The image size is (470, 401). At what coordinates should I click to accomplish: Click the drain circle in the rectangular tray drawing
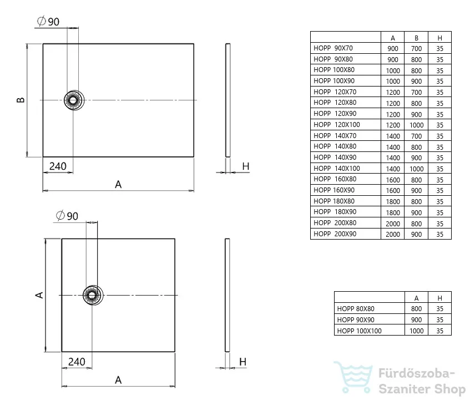coord(74,100)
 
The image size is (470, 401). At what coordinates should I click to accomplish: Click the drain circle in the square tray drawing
coord(93,295)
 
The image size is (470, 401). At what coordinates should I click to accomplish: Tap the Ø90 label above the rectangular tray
coord(48,21)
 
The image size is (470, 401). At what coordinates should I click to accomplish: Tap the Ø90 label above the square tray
coord(67,216)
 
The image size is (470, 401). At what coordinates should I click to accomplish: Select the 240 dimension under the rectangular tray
coord(58,166)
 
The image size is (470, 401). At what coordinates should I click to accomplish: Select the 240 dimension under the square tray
coord(77,362)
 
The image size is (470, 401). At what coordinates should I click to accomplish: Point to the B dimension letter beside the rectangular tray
coord(21,100)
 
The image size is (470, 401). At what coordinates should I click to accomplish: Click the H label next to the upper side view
coord(246,166)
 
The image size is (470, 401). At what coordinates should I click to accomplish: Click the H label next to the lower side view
coord(243,362)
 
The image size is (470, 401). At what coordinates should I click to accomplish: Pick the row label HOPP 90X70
coord(333,48)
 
